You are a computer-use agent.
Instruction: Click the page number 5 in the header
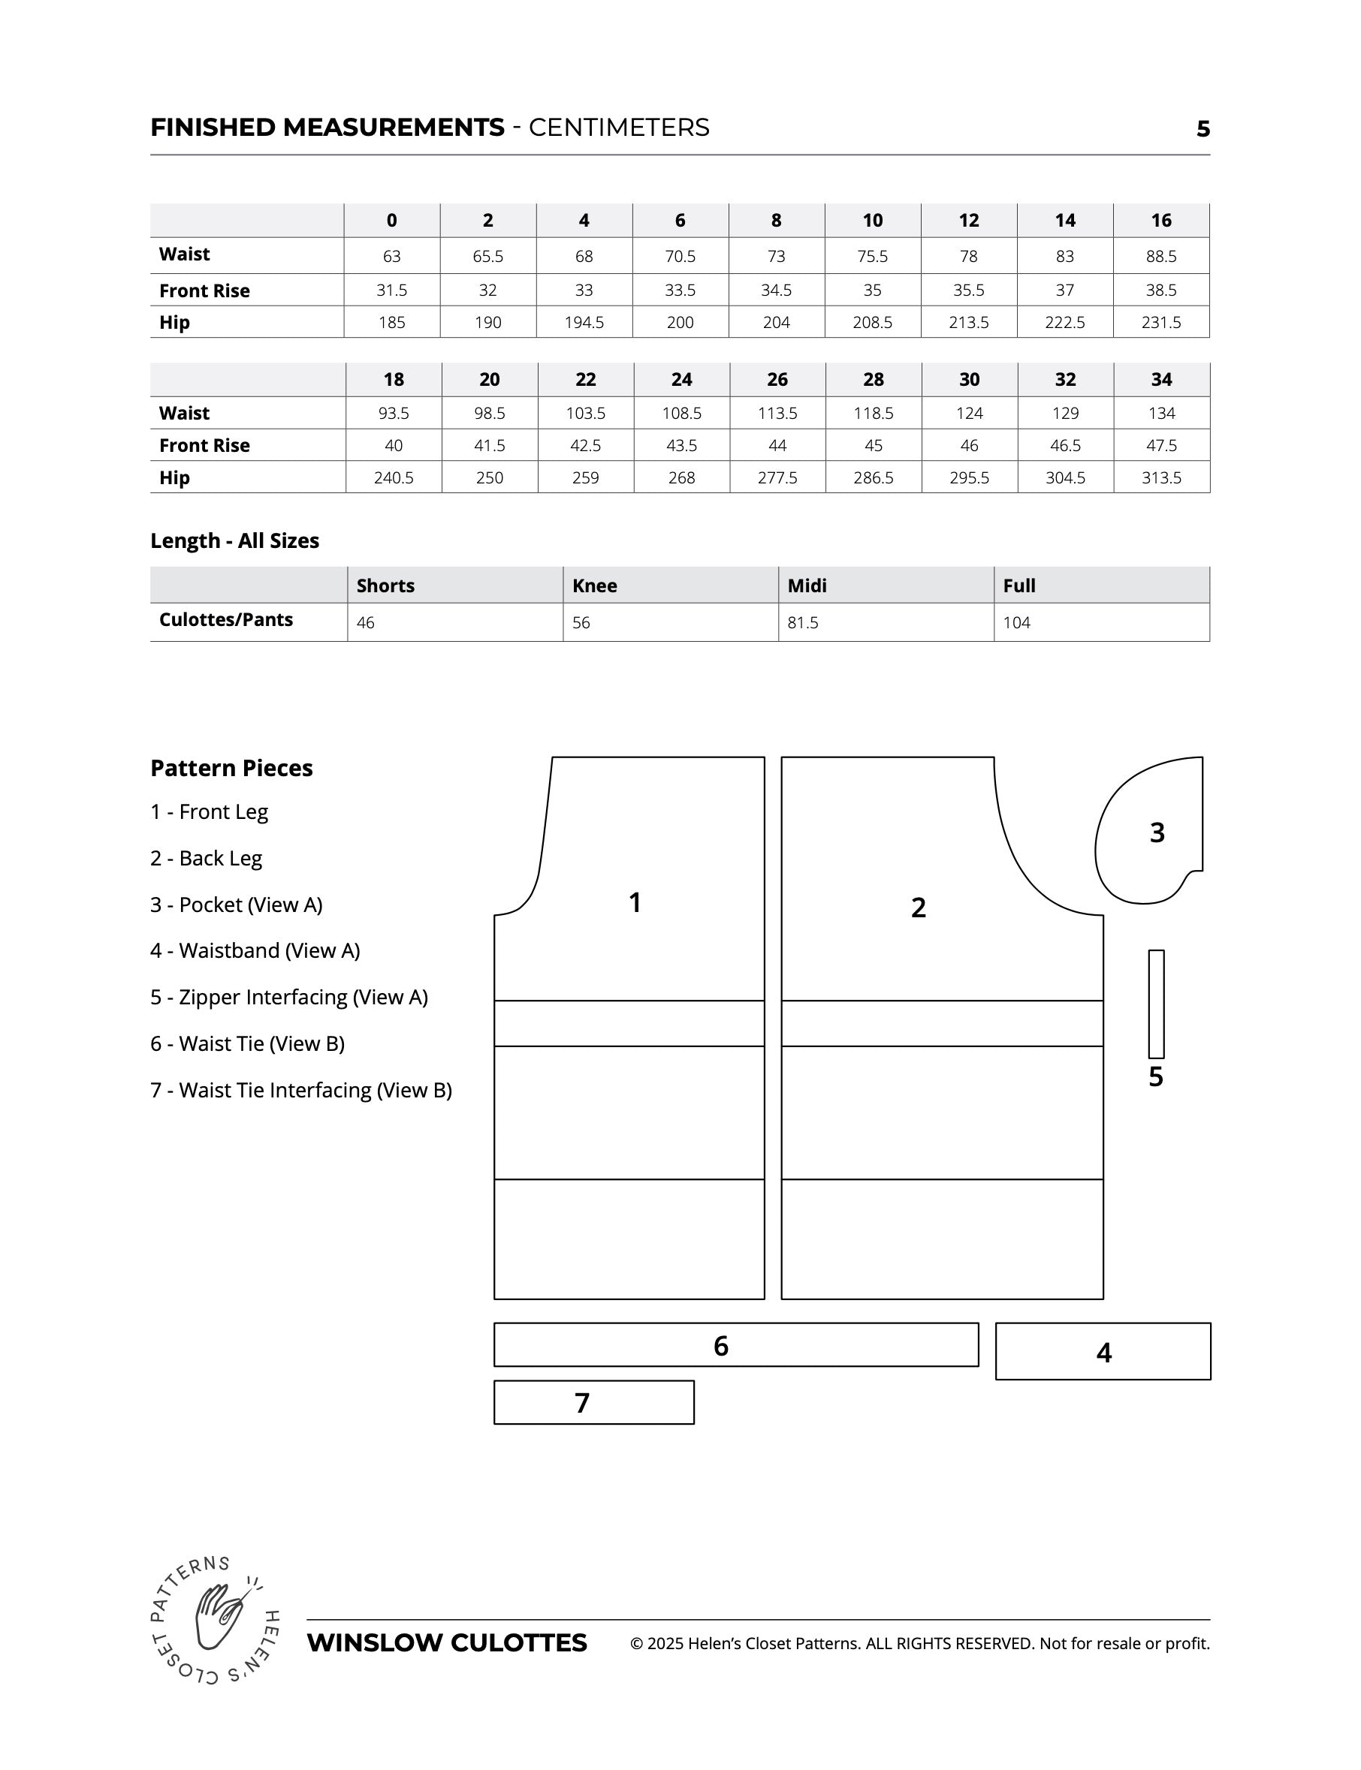tap(1203, 129)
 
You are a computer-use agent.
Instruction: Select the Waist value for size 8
tap(776, 257)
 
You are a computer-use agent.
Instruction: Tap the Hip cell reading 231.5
tap(1161, 322)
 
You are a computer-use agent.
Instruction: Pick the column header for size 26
tap(777, 380)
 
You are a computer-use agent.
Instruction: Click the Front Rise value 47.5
tap(1161, 445)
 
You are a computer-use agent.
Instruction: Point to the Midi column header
tap(807, 585)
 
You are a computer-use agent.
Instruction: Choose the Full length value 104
tap(1017, 623)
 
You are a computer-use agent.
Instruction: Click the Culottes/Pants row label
tap(226, 620)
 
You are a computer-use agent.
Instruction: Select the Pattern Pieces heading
tap(231, 769)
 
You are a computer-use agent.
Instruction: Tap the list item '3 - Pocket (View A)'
tap(237, 905)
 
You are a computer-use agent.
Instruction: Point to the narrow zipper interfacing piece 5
tap(1156, 1004)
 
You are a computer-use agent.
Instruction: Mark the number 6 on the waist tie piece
tap(721, 1346)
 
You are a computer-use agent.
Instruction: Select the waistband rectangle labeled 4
tap(1103, 1352)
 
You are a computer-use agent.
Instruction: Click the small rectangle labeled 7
tap(594, 1403)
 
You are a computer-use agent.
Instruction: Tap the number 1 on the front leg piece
tap(635, 902)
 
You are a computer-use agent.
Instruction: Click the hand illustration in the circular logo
tap(217, 1618)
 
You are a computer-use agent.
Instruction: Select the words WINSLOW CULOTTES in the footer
tap(447, 1643)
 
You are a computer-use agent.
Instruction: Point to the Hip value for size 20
tap(489, 477)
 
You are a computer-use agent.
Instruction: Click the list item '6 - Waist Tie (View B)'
tap(248, 1043)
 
